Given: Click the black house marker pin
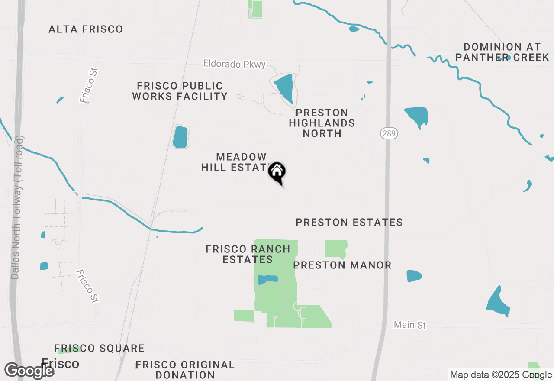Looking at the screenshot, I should click(277, 172).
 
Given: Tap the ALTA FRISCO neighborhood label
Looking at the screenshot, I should click(86, 29).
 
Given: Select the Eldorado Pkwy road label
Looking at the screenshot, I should click(234, 64).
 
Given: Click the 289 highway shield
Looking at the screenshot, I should click(389, 133).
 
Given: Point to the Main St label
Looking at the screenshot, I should click(410, 324).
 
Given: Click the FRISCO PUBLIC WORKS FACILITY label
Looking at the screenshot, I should click(180, 91).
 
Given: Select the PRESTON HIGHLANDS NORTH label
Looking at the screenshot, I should click(322, 123).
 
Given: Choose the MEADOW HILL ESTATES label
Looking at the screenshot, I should click(236, 162).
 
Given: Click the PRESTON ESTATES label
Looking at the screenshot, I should click(349, 222).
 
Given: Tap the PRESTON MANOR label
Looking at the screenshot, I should click(342, 265).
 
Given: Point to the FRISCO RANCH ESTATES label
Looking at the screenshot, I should click(248, 254).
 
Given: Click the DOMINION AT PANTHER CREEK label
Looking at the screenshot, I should click(502, 52).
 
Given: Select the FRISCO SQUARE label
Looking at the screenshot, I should click(100, 348).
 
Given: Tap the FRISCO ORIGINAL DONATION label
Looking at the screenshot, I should click(185, 370).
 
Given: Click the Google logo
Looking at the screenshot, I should click(29, 371).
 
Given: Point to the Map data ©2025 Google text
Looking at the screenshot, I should click(501, 375).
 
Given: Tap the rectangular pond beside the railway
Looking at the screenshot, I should click(180, 137).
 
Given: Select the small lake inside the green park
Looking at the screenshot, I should click(267, 280).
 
